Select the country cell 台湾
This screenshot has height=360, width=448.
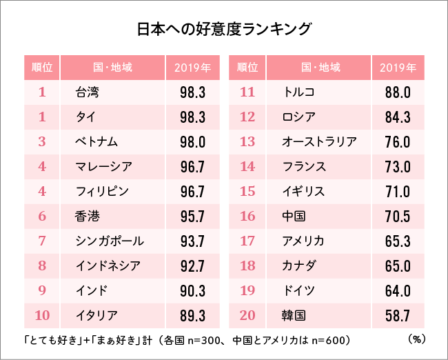[88, 92]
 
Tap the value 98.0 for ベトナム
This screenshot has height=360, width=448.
[192, 142]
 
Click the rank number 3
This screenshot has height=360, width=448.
[42, 142]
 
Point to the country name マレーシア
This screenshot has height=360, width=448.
[103, 167]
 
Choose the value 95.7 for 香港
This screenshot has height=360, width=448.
[192, 217]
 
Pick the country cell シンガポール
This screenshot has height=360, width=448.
[110, 241]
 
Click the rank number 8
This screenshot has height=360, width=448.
[42, 266]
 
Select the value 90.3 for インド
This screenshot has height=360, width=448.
[192, 291]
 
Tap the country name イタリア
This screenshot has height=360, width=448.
[97, 316]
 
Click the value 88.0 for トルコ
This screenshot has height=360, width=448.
[398, 92]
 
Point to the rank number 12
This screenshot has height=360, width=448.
[247, 117]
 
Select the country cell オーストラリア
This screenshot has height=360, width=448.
[319, 142]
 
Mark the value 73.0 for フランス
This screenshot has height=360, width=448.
[398, 167]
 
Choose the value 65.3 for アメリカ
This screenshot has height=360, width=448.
[398, 241]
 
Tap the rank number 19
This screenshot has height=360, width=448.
[247, 291]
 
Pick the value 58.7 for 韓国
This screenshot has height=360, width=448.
[398, 316]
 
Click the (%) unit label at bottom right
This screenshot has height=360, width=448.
[416, 339]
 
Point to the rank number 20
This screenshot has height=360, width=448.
[247, 316]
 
